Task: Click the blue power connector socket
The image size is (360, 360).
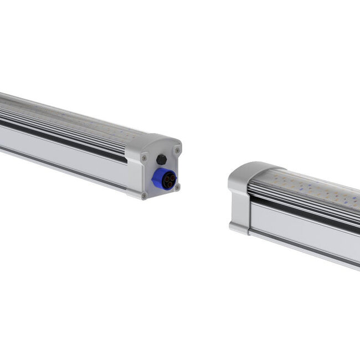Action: coord(165,178)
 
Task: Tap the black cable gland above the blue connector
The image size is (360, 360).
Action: coord(162,160)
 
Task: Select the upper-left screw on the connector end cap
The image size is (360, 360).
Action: coord(144,158)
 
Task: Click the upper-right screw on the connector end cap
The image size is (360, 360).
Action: coord(177,150)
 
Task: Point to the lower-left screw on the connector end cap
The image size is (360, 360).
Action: coord(144,195)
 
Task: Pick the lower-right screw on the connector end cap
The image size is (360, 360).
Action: coord(178,187)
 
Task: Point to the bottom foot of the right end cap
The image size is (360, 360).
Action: coord(239,228)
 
